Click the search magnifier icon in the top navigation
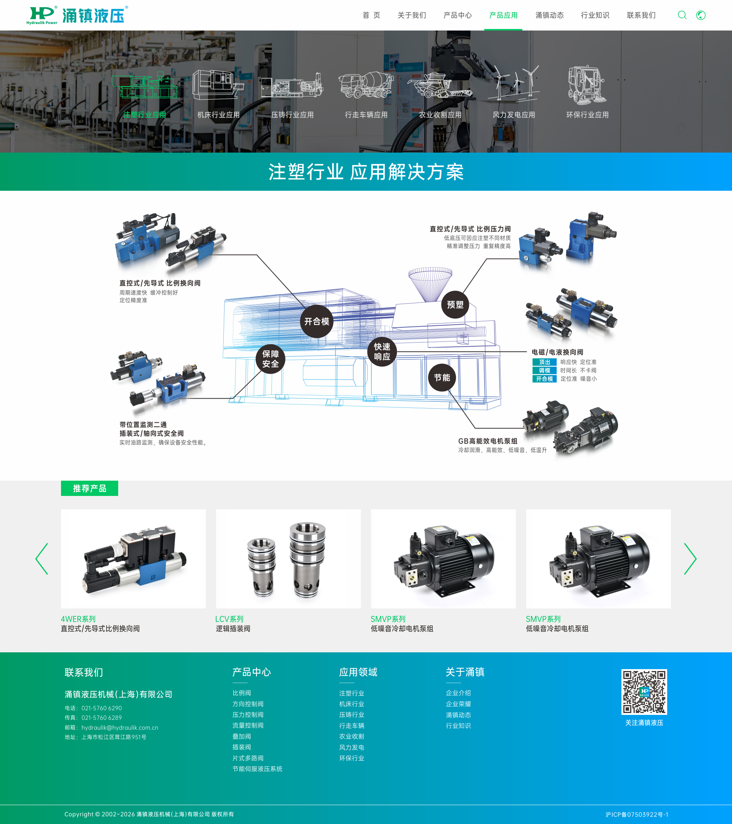point(682,15)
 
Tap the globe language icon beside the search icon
point(701,15)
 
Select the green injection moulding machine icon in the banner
point(144,85)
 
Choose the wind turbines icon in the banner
point(514,84)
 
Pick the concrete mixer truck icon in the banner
point(366,85)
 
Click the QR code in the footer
point(644,692)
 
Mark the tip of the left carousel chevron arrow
point(36,559)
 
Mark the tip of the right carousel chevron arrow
point(696,559)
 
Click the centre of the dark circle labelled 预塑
point(455,304)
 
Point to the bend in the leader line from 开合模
point(257,255)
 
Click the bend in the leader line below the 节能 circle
point(475,428)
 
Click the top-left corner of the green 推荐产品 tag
point(61,481)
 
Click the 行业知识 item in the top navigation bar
point(595,15)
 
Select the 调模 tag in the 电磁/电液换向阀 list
point(544,370)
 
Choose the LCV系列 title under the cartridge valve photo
point(229,619)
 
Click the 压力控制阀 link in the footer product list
point(248,715)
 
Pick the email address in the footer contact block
point(120,727)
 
